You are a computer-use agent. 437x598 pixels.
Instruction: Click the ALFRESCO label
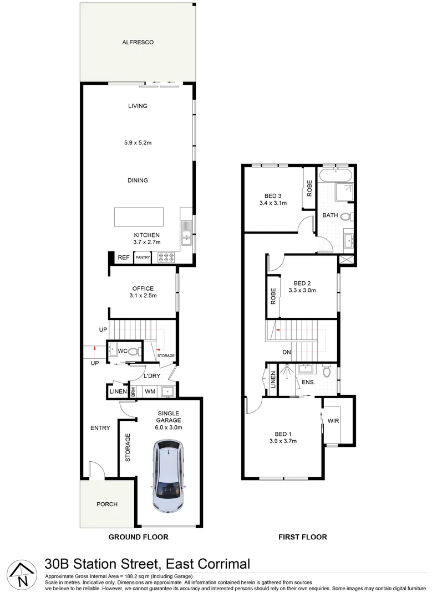point(138,42)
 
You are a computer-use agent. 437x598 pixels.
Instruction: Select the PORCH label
point(106,504)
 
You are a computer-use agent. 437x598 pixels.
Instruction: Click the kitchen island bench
point(139,216)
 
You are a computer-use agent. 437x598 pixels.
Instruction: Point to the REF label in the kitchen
point(123,257)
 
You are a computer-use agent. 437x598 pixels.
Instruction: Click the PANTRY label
point(143,257)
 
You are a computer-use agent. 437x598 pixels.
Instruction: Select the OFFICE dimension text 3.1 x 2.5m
point(143,296)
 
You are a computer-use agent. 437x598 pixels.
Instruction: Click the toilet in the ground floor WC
point(133,350)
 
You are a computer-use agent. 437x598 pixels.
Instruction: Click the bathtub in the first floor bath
point(336,176)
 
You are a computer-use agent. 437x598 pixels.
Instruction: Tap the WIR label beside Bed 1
point(333,421)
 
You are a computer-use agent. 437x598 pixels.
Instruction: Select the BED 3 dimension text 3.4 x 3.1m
point(273,203)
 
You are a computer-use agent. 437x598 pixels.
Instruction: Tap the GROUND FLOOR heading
point(138,537)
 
